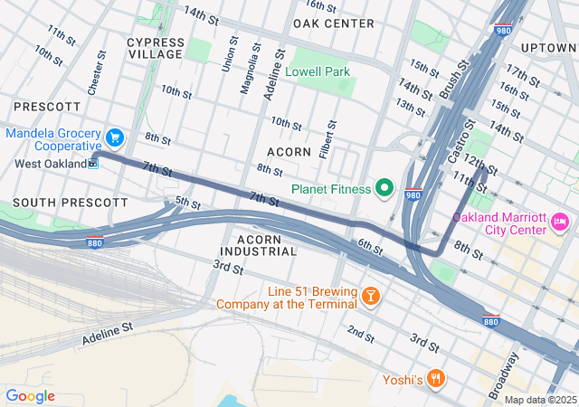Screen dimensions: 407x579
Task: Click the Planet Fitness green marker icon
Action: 384,189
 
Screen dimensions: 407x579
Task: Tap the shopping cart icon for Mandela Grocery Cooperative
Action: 114,138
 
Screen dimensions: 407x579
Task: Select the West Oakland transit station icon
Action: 94,164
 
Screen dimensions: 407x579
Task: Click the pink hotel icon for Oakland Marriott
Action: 560,222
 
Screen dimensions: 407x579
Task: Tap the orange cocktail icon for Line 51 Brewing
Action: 370,297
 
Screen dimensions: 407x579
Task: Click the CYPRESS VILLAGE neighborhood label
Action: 155,48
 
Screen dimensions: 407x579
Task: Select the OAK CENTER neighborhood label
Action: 334,23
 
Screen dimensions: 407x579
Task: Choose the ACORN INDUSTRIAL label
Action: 257,244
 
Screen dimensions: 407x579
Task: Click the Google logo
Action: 30,396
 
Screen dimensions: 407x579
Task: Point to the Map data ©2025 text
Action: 539,400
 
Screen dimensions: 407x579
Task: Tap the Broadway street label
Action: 510,370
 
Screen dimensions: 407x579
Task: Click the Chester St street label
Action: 93,78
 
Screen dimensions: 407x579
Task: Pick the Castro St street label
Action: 460,143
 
